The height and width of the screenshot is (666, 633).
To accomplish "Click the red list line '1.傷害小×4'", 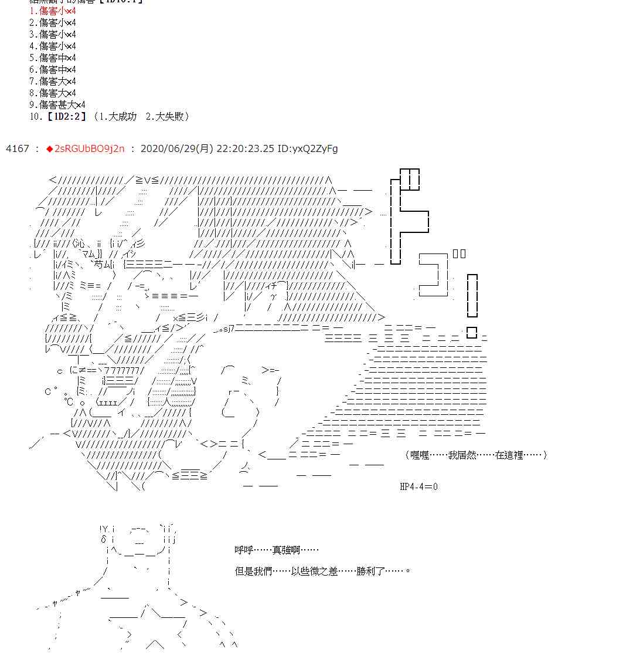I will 53,11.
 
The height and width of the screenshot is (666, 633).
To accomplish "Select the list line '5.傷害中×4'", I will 53,58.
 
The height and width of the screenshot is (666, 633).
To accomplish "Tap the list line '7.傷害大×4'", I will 53,81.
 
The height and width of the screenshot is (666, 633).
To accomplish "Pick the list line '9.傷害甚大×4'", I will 57,104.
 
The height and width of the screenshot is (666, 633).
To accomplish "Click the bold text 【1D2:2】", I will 65,116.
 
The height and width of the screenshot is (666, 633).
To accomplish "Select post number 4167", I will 17,148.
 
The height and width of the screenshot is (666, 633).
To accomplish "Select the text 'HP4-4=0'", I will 418,486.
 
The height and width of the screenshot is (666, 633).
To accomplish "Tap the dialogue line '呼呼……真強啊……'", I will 277,550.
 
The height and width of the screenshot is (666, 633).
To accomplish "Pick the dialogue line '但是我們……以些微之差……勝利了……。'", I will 322,570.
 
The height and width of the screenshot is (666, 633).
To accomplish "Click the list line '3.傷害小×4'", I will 53,34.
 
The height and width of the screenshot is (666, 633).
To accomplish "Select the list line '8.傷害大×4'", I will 53,93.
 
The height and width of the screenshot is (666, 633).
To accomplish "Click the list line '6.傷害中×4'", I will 53,69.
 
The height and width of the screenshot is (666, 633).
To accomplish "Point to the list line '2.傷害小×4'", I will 53,22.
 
